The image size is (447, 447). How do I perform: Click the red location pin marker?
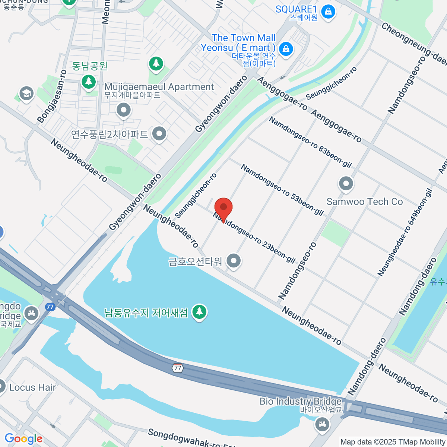[x=223, y=208]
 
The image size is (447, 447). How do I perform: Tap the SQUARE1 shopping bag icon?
[x=328, y=12]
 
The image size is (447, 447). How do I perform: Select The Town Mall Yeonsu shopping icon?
[x=286, y=48]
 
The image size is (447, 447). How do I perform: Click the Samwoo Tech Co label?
[x=364, y=202]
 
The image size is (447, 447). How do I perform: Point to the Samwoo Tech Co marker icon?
[x=346, y=183]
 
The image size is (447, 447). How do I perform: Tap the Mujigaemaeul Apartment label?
[x=159, y=87]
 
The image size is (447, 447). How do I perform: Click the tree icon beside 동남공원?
[x=89, y=81]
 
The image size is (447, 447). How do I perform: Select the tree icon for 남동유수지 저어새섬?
[x=199, y=311]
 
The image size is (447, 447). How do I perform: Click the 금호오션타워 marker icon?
[x=234, y=261]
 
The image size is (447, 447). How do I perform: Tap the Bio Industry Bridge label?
[x=301, y=401]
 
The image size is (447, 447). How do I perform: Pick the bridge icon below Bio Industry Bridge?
[x=322, y=424]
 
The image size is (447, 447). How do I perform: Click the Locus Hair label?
[x=32, y=387]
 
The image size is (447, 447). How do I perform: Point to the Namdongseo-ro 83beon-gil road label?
[x=310, y=142]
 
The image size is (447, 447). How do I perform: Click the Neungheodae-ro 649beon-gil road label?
[x=405, y=233]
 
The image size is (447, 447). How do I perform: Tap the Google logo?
[x=23, y=439]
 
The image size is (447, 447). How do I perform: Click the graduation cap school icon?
[x=26, y=94]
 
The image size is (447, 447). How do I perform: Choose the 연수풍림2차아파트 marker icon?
[x=159, y=133]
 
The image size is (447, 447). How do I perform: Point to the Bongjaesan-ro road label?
[x=52, y=96]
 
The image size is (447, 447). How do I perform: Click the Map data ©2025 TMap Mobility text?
[x=393, y=442]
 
